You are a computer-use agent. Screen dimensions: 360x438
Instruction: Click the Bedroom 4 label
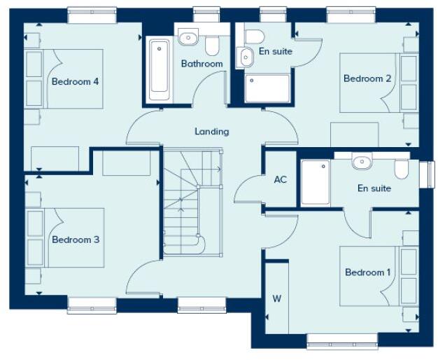[x=75, y=81]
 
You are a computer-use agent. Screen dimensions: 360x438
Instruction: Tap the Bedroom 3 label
[x=76, y=240]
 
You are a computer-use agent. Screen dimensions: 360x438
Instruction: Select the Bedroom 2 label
[x=367, y=78]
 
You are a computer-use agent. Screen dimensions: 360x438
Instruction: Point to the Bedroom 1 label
[x=368, y=272]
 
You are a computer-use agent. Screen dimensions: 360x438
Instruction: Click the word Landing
[x=211, y=131]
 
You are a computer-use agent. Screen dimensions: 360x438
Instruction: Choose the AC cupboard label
[x=280, y=179]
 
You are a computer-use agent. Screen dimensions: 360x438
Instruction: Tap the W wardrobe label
[x=276, y=299]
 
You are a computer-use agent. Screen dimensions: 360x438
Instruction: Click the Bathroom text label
[x=202, y=64]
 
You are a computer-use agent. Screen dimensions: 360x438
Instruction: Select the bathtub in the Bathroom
[x=159, y=68]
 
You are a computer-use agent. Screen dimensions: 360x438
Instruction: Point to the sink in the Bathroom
[x=188, y=37]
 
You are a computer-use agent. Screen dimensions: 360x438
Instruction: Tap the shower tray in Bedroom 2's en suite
[x=267, y=88]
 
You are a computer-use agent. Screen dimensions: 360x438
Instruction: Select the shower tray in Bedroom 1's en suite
[x=315, y=184]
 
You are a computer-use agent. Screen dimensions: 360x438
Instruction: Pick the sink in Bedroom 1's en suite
[x=362, y=162]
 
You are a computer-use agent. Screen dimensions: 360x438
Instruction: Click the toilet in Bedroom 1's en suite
[x=401, y=169]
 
